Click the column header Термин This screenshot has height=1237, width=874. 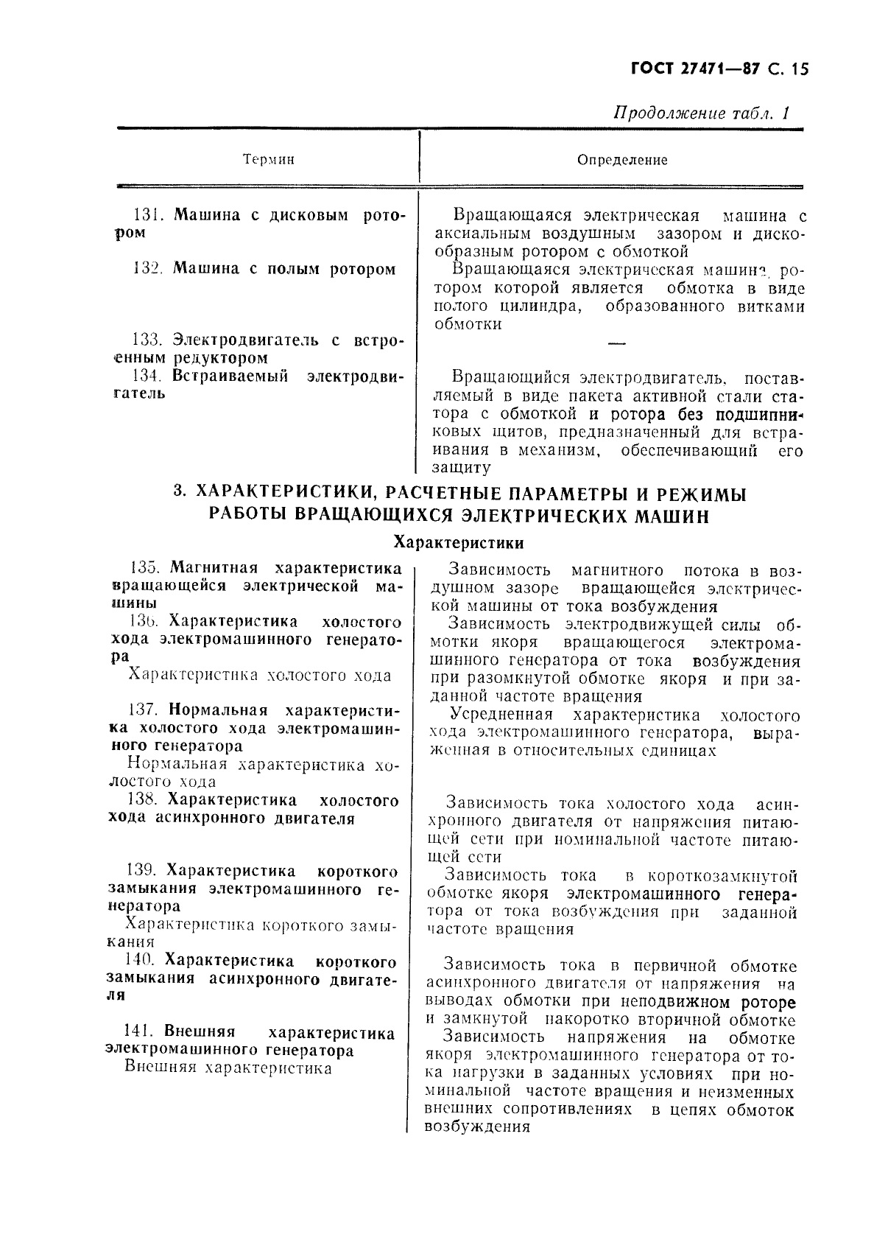coord(268,160)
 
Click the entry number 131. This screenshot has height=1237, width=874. coord(147,216)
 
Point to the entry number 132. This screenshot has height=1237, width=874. coord(147,269)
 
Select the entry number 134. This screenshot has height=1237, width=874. coord(147,376)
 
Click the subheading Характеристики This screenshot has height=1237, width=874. coord(459,543)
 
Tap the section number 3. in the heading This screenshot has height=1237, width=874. coord(177,494)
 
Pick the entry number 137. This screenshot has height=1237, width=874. coord(143,710)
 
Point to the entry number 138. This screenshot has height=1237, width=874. coord(143,800)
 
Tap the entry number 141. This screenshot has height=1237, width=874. coord(141,1033)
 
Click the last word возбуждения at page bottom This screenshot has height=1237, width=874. coord(478,1128)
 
